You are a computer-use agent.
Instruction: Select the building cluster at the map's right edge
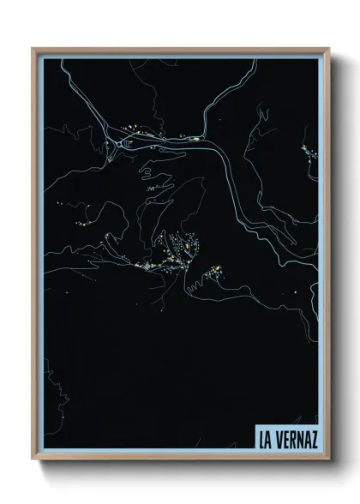307,154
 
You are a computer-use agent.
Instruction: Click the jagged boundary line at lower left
49,386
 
